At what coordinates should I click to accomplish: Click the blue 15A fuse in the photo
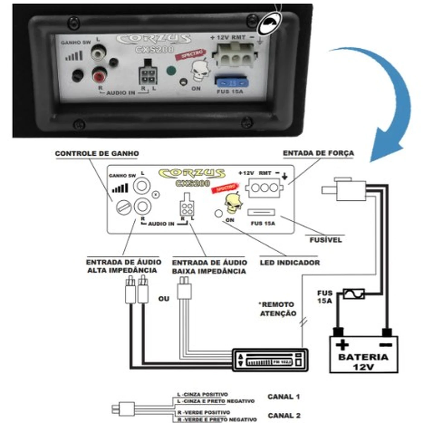[231, 82]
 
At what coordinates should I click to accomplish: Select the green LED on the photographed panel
[171, 71]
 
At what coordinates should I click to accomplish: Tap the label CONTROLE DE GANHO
[97, 153]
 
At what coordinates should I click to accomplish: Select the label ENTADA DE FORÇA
[318, 153]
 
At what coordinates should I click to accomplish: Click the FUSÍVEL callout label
[325, 240]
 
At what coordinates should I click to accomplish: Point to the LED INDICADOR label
[290, 263]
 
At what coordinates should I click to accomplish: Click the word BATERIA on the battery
[363, 357]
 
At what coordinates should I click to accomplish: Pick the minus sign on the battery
[386, 344]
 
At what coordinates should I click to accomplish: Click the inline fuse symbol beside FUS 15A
[354, 294]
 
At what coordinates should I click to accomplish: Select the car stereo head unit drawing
[270, 360]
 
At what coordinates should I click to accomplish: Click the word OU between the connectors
[164, 299]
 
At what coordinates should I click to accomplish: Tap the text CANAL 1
[283, 397]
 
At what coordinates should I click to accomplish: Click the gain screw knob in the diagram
[124, 208]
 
